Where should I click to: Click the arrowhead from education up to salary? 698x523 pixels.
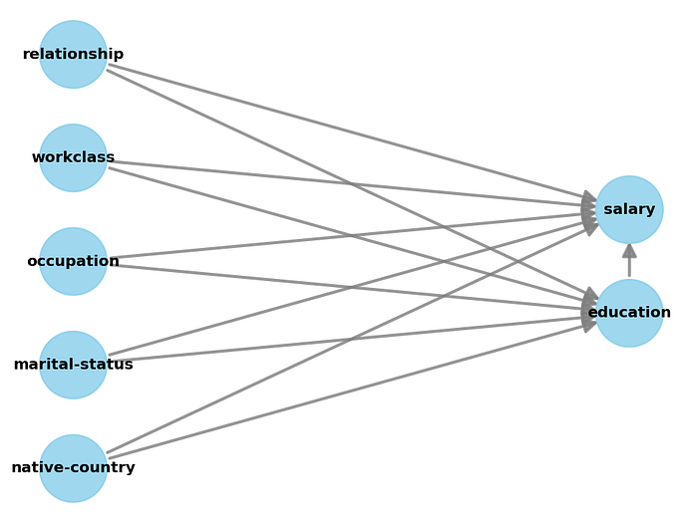tap(629, 251)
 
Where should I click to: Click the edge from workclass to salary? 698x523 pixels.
tap(299, 179)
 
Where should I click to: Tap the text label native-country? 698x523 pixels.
tap(73, 468)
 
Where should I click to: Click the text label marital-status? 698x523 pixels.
tap(73, 365)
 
